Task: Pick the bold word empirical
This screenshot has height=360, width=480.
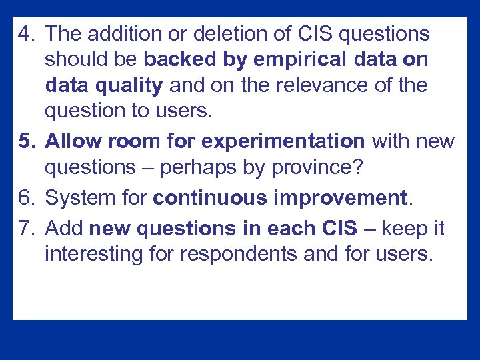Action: pyautogui.click(x=296, y=60)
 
